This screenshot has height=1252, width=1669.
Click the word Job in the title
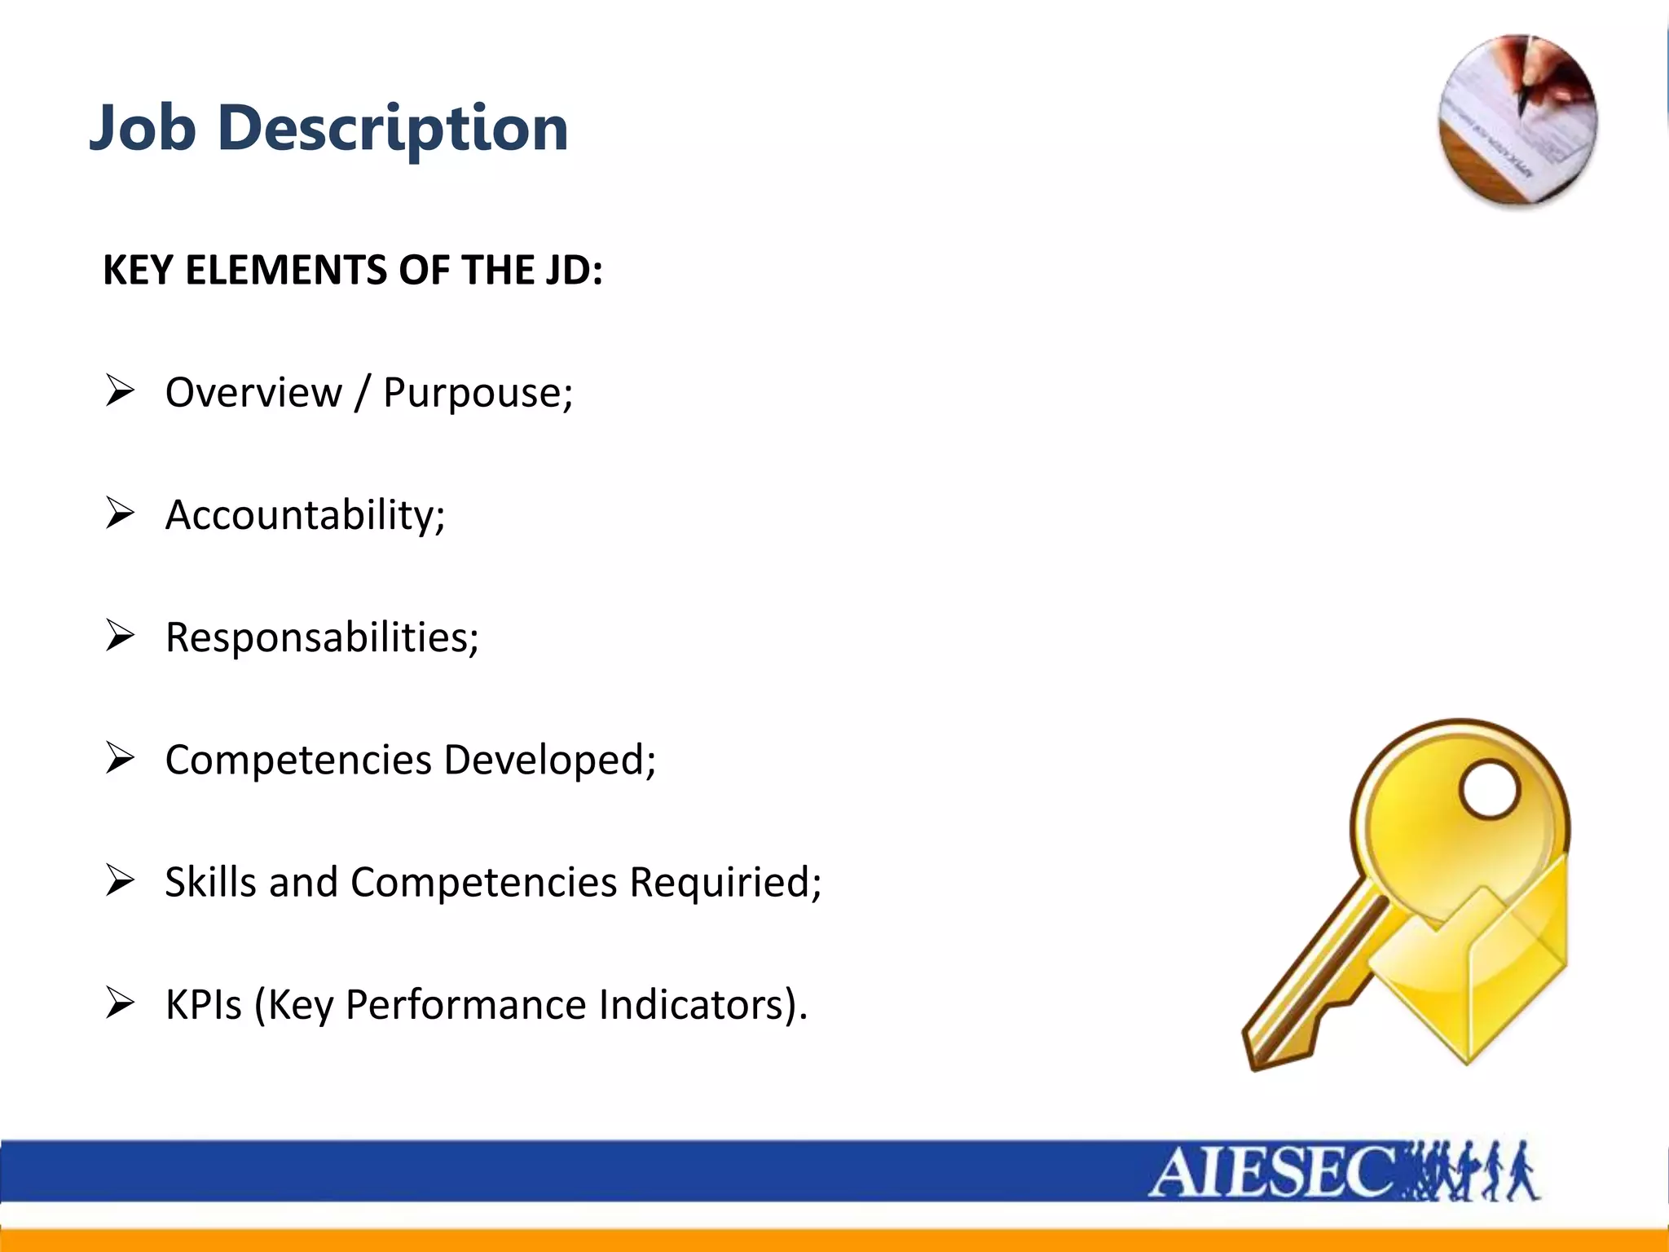(x=143, y=129)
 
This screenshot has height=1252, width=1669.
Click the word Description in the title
(x=393, y=129)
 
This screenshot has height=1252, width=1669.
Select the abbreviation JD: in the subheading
(x=575, y=270)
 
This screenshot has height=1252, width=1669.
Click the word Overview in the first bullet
(x=253, y=392)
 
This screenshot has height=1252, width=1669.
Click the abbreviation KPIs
(x=203, y=1004)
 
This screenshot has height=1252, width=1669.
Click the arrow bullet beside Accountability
(x=120, y=514)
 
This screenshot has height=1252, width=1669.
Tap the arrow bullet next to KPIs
(x=120, y=1003)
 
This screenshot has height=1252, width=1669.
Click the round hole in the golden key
(x=1490, y=789)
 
